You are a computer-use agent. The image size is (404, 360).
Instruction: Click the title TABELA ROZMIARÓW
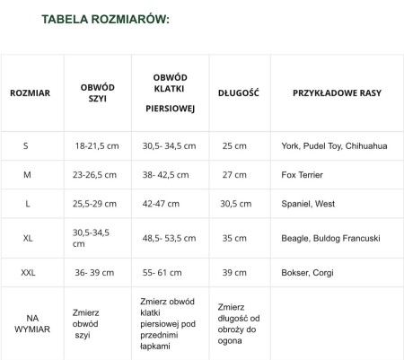click(105, 19)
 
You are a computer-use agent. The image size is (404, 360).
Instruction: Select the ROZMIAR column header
click(30, 92)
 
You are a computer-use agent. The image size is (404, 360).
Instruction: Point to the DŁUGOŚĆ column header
click(238, 92)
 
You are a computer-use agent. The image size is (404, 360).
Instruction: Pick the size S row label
click(26, 145)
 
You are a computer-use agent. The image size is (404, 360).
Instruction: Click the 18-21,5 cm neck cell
click(97, 145)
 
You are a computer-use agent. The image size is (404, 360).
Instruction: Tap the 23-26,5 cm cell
click(96, 175)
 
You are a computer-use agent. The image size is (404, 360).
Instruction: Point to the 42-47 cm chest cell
click(162, 204)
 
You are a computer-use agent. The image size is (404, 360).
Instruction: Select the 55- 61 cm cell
click(162, 272)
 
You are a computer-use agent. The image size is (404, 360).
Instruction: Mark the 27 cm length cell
click(233, 175)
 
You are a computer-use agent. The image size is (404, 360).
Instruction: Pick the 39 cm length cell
click(233, 272)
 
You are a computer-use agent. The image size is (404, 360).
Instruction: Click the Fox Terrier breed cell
click(303, 175)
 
